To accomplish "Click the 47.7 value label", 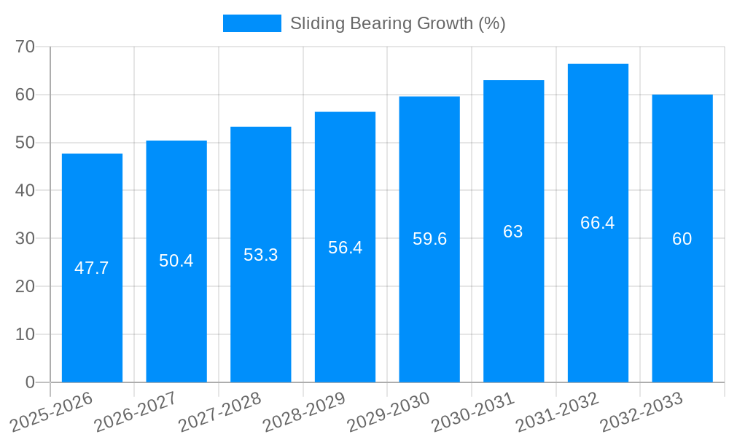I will [92, 268].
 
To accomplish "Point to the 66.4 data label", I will [598, 223].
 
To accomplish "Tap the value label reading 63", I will [513, 232].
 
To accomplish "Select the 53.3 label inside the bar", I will [261, 255].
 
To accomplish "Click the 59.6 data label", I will [429, 239].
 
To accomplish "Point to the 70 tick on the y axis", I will [26, 47].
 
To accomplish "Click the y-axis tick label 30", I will [26, 238].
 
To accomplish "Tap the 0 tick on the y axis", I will [30, 382].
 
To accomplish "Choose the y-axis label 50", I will [26, 142].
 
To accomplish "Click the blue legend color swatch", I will [252, 23].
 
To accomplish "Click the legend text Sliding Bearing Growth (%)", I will [397, 23].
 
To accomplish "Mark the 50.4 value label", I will [176, 261].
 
